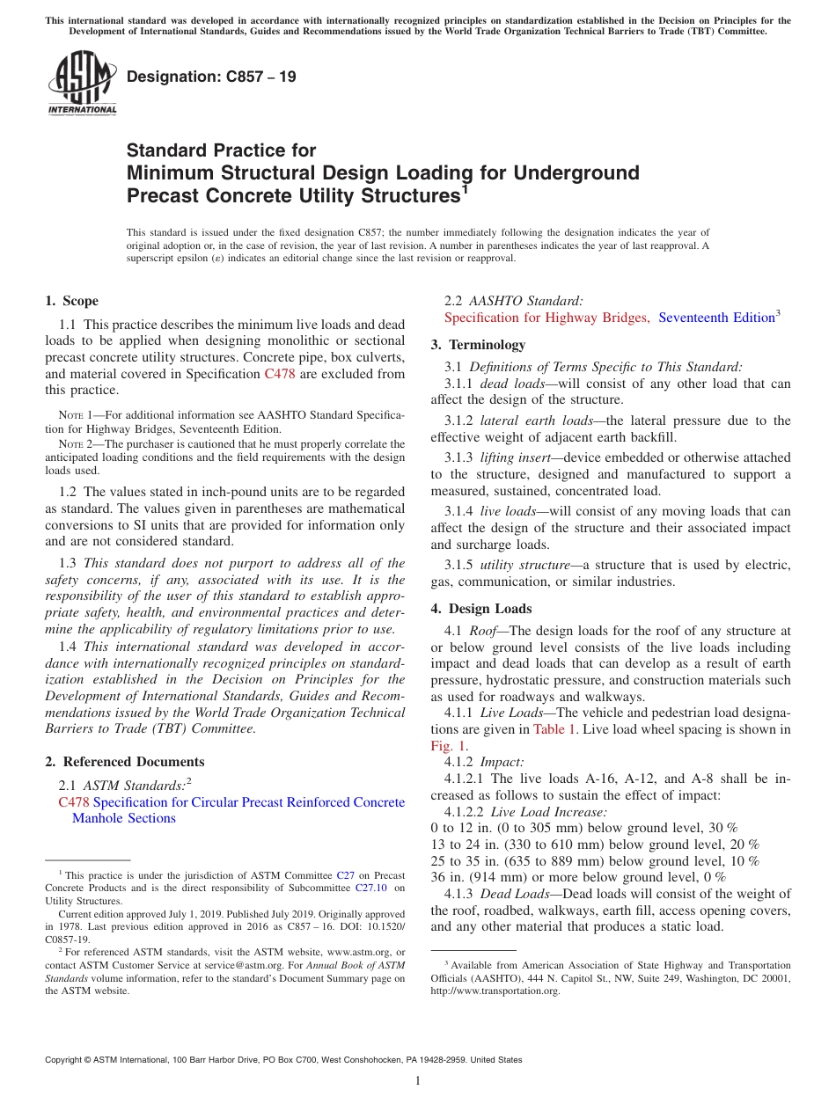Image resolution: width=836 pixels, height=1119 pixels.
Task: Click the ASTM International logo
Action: [x=82, y=84]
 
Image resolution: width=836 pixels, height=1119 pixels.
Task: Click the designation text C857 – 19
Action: [x=211, y=77]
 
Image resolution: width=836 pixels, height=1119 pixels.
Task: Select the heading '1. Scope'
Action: [x=72, y=301]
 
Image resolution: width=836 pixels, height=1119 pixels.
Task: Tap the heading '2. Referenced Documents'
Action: [x=125, y=762]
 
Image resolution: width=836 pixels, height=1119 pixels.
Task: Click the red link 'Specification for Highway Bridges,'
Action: [x=546, y=318]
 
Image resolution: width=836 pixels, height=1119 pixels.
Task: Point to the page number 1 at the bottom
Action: [x=418, y=1081]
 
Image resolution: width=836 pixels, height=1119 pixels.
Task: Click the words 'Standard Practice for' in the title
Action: [x=221, y=150]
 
